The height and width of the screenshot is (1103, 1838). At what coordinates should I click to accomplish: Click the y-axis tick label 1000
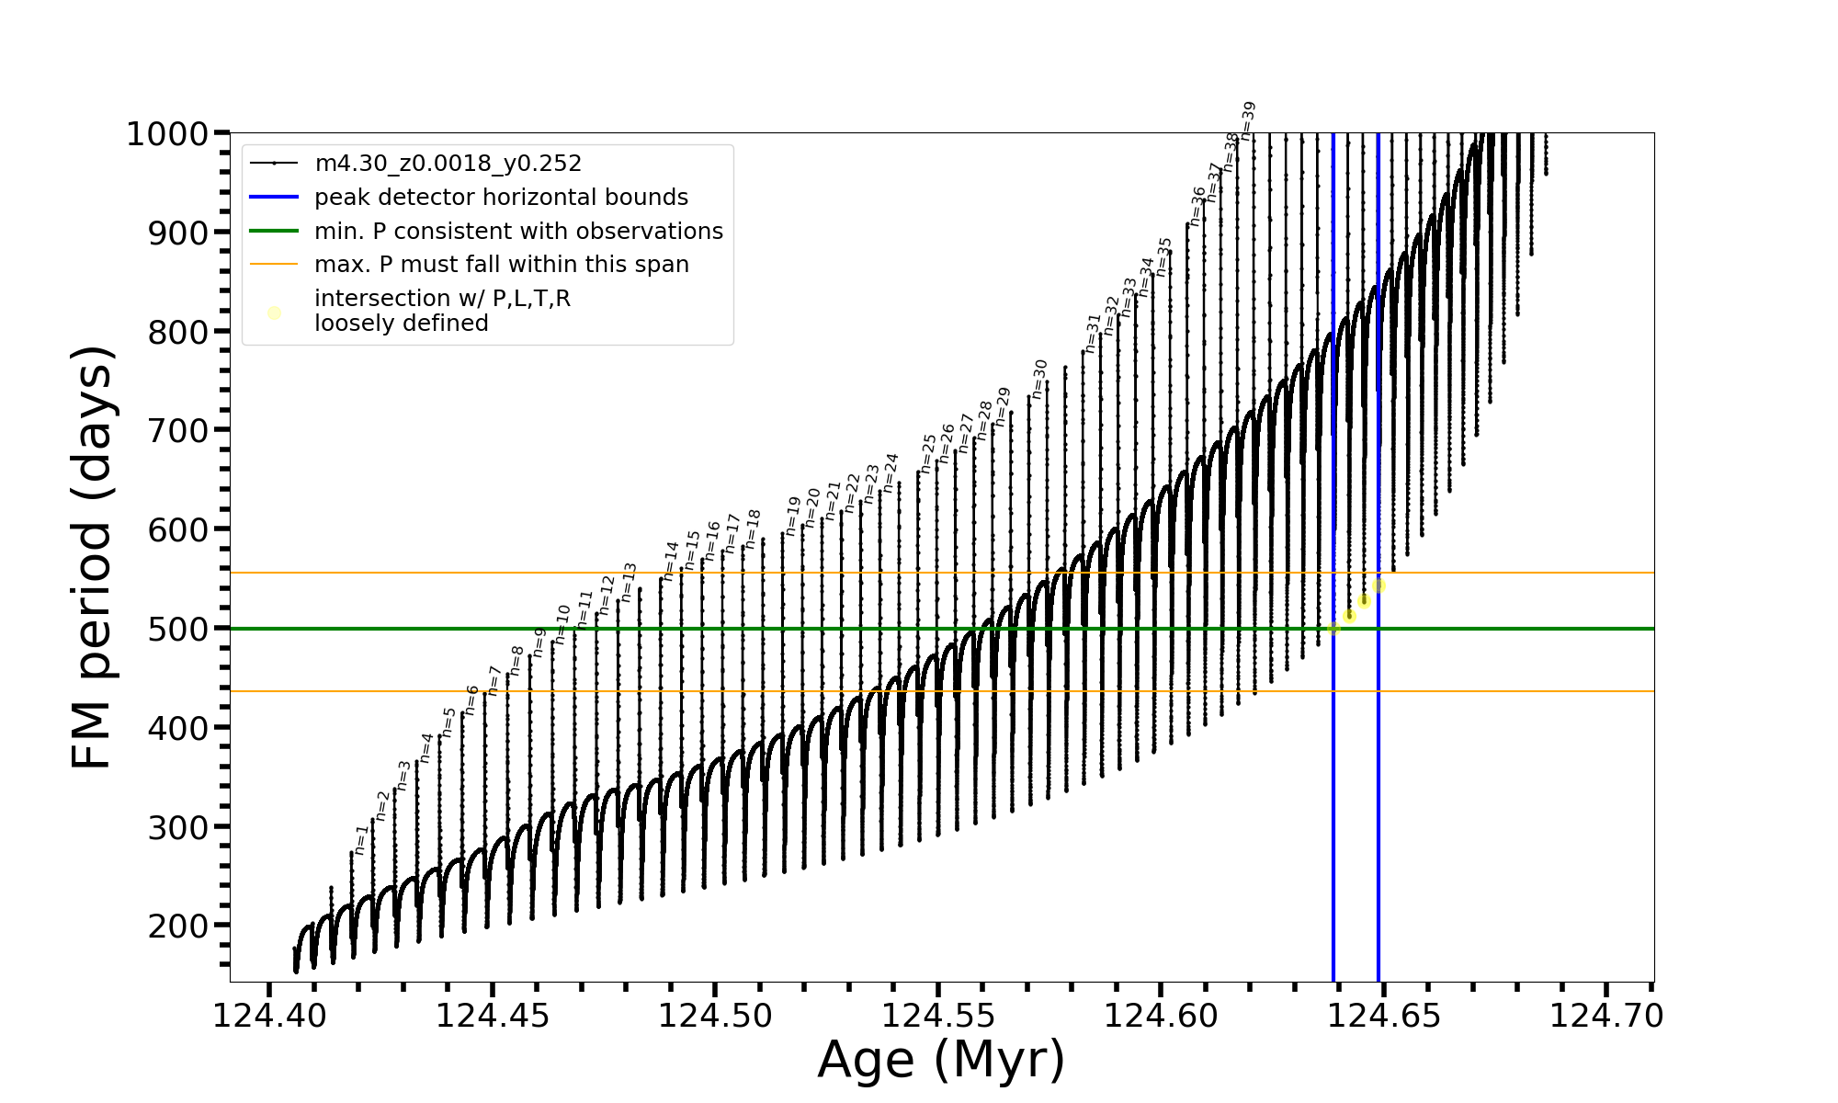pyautogui.click(x=167, y=134)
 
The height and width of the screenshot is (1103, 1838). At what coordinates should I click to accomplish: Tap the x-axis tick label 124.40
pyautogui.click(x=269, y=1017)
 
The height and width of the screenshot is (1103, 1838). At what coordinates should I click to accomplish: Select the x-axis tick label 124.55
pyautogui.click(x=937, y=1017)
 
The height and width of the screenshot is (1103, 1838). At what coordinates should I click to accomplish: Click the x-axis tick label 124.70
pyautogui.click(x=1606, y=1017)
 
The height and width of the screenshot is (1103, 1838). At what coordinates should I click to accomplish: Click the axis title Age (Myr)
pyautogui.click(x=941, y=1060)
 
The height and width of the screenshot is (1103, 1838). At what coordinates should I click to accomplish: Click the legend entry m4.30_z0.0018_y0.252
pyautogui.click(x=448, y=164)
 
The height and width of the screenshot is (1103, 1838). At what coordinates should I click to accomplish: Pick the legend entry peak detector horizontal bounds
pyautogui.click(x=501, y=198)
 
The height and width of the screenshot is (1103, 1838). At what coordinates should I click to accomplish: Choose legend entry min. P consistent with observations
pyautogui.click(x=518, y=232)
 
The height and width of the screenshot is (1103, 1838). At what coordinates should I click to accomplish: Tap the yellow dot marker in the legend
pyautogui.click(x=274, y=313)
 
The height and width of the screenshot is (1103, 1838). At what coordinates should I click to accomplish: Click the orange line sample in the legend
pyautogui.click(x=274, y=265)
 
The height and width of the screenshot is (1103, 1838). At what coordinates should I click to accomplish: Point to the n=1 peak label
pyautogui.click(x=362, y=839)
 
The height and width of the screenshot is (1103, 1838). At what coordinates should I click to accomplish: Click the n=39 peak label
pyautogui.click(x=1248, y=120)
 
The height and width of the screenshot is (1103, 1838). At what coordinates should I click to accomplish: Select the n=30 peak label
pyautogui.click(x=1039, y=379)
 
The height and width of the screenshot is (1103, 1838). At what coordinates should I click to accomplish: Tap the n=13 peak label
pyautogui.click(x=630, y=582)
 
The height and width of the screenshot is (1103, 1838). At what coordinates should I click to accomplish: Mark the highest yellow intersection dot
pyautogui.click(x=1378, y=586)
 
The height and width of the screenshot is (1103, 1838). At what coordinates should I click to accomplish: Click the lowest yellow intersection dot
pyautogui.click(x=1333, y=629)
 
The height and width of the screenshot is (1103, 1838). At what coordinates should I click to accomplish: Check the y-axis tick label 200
pyautogui.click(x=178, y=926)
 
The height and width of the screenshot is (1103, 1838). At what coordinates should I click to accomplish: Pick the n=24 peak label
pyautogui.click(x=891, y=472)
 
